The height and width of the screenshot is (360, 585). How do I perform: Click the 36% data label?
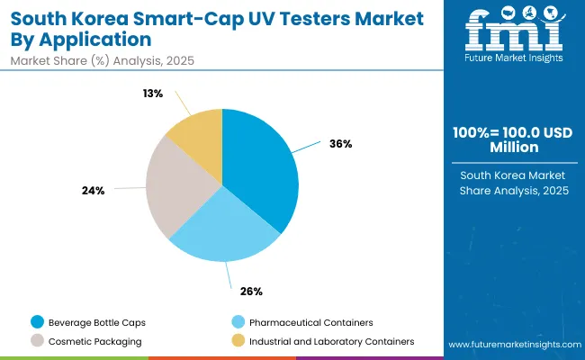[x=341, y=144]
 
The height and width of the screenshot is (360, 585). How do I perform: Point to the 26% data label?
[x=251, y=291]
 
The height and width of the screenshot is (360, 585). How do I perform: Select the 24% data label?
[x=94, y=191]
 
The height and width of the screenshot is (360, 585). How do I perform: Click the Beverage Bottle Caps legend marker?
[x=37, y=322]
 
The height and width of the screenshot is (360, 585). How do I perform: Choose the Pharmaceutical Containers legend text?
[x=310, y=322]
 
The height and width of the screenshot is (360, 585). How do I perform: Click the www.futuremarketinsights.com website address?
[x=513, y=345]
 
